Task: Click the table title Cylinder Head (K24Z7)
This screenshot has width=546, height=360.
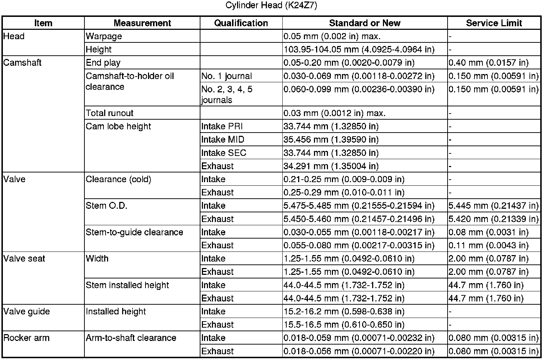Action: [x=271, y=6]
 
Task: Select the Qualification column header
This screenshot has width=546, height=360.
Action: [x=241, y=23]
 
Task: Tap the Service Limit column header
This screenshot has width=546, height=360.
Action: [x=494, y=23]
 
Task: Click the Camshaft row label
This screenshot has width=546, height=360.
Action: [x=22, y=63]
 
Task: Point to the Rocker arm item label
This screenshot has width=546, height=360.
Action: [x=27, y=338]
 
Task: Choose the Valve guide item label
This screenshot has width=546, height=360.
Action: [x=27, y=311]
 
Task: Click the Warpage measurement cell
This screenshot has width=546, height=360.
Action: [x=104, y=36]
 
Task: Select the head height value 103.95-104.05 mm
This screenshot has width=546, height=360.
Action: [x=359, y=50]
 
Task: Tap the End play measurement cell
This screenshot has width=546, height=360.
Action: [x=103, y=63]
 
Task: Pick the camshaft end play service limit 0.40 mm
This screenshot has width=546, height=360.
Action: [x=489, y=63]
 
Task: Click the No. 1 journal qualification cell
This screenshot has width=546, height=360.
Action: [x=227, y=76]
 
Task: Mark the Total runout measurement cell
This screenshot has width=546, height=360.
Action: [x=110, y=114]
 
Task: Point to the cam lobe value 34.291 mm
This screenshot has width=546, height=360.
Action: [x=331, y=166]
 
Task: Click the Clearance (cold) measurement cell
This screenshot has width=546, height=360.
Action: [x=119, y=179]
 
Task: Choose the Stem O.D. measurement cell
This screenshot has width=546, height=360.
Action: [x=106, y=206]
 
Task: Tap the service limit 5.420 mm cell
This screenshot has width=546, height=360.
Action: [x=494, y=219]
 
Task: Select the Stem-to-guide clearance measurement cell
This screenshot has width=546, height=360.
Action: [x=134, y=232]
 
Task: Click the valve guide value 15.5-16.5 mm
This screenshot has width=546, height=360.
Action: [x=344, y=325]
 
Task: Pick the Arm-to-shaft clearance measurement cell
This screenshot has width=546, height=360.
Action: [x=131, y=338]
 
